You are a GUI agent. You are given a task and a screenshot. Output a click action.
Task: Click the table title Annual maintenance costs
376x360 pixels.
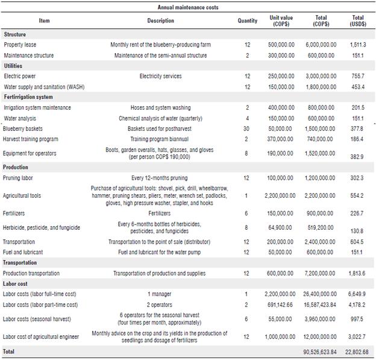pyautogui.click(x=188, y=7)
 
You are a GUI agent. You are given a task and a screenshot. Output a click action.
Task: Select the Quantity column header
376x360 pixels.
pyautogui.click(x=247, y=21)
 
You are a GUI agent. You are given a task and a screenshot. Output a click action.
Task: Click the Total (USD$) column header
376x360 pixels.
pyautogui.click(x=358, y=21)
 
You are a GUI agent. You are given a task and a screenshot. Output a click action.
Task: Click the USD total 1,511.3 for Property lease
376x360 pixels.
pyautogui.click(x=358, y=45)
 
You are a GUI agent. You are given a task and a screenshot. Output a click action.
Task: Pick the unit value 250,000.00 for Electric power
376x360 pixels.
pyautogui.click(x=282, y=77)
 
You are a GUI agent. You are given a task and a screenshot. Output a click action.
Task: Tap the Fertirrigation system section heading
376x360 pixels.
pyautogui.click(x=28, y=97)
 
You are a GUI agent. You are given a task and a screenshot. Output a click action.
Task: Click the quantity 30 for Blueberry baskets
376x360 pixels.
pyautogui.click(x=247, y=128)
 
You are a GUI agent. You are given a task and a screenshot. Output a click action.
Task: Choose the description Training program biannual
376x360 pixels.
pyautogui.click(x=160, y=139)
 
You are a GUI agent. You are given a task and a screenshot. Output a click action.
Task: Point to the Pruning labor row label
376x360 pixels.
pyautogui.click(x=20, y=178)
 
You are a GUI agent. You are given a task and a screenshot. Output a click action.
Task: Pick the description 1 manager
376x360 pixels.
pyautogui.click(x=160, y=294)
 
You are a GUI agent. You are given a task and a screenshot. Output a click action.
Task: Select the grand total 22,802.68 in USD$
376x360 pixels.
pyautogui.click(x=357, y=352)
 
